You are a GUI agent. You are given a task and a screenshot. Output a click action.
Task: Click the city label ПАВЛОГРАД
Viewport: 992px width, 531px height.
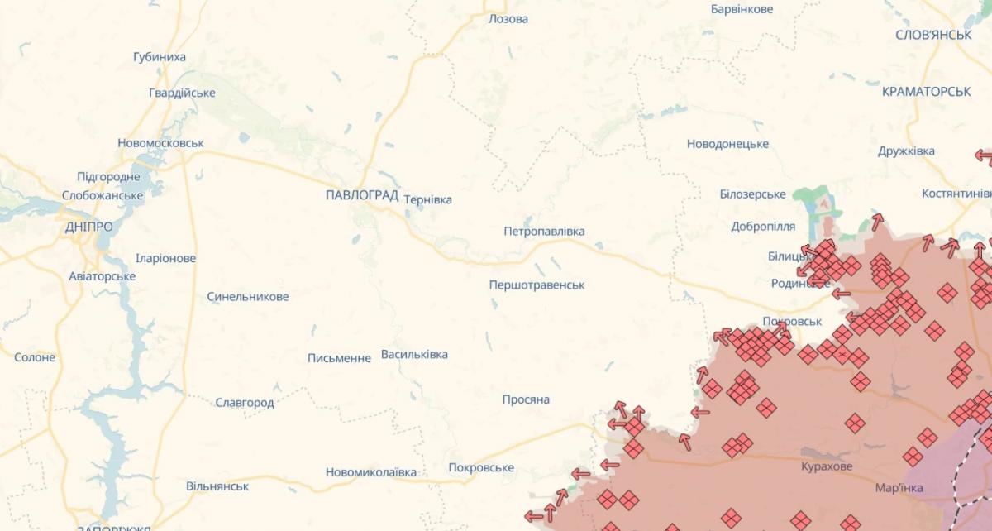pyautogui.click(x=362, y=196)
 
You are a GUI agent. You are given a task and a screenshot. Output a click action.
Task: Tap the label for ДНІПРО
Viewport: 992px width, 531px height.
pyautogui.click(x=88, y=227)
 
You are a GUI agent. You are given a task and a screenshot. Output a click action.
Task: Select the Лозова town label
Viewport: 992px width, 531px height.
pyautogui.click(x=508, y=18)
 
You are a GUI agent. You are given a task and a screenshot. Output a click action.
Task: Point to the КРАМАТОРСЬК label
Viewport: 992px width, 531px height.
pyautogui.click(x=926, y=92)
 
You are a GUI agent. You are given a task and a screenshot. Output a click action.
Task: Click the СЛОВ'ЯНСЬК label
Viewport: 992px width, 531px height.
pyautogui.click(x=933, y=35)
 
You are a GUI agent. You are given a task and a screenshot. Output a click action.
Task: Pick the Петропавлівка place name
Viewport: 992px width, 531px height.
pyautogui.click(x=544, y=232)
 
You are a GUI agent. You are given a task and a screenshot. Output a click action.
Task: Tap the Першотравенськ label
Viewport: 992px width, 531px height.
pyautogui.click(x=537, y=285)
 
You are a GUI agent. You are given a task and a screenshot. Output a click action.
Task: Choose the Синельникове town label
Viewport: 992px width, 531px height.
pyautogui.click(x=248, y=296)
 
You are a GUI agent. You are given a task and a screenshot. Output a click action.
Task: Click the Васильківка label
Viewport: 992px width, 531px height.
pyautogui.click(x=414, y=355)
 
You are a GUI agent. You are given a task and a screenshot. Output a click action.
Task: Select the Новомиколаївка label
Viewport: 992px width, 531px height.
pyautogui.click(x=371, y=472)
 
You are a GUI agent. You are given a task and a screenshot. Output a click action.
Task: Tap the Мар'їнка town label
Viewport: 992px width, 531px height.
pyautogui.click(x=899, y=488)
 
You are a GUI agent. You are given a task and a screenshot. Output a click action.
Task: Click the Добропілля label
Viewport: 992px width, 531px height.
pyautogui.click(x=763, y=227)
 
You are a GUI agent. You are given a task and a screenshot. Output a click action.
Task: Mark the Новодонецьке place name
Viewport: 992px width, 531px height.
pyautogui.click(x=727, y=144)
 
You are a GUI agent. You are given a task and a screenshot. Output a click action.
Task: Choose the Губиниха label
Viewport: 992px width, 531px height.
pyautogui.click(x=160, y=57)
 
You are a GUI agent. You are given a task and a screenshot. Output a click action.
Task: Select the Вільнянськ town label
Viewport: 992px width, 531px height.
pyautogui.click(x=217, y=486)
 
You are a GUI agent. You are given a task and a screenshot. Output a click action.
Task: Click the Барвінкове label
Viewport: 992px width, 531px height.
pyautogui.click(x=742, y=9)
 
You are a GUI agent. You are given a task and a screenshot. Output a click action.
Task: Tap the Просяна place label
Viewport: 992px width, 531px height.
pyautogui.click(x=526, y=399)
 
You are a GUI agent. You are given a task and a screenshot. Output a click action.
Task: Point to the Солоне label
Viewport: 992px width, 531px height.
pyautogui.click(x=35, y=357)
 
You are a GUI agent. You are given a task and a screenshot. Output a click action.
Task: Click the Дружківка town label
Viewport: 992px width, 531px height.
pyautogui.click(x=906, y=151)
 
